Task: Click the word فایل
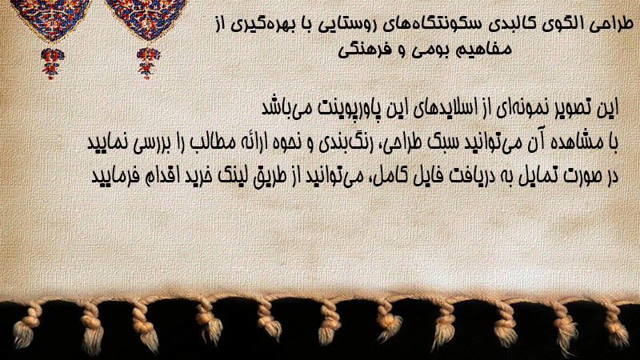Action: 417,176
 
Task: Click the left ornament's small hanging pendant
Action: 52,62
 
